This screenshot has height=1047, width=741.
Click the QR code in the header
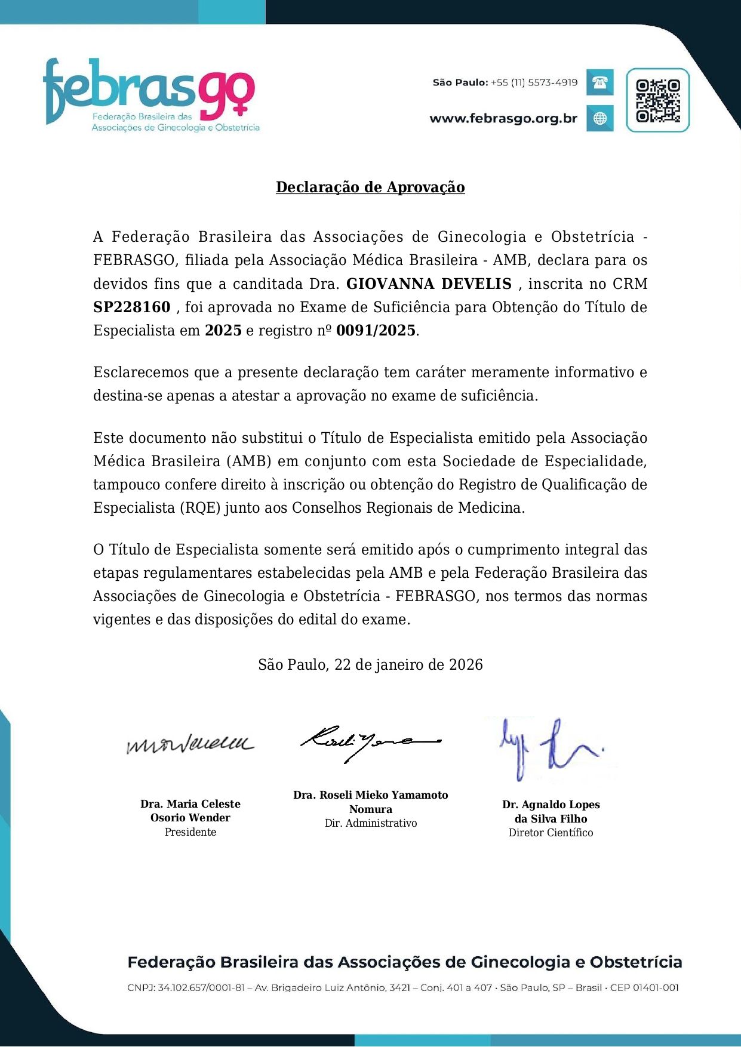[657, 100]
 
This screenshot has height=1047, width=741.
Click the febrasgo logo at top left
[150, 94]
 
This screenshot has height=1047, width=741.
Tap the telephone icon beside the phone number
[599, 82]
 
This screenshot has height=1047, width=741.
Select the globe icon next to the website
[599, 118]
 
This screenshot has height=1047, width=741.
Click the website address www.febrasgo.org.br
[503, 118]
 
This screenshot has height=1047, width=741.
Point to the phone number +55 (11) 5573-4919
[534, 82]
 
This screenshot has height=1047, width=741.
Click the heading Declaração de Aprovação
[370, 187]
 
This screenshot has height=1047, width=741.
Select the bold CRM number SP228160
[132, 307]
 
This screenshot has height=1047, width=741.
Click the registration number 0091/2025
[376, 331]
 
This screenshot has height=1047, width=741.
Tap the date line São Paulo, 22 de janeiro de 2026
[370, 664]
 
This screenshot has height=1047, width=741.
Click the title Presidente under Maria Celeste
[190, 832]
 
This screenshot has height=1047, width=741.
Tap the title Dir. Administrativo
[371, 823]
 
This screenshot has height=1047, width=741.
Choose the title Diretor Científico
[551, 833]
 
